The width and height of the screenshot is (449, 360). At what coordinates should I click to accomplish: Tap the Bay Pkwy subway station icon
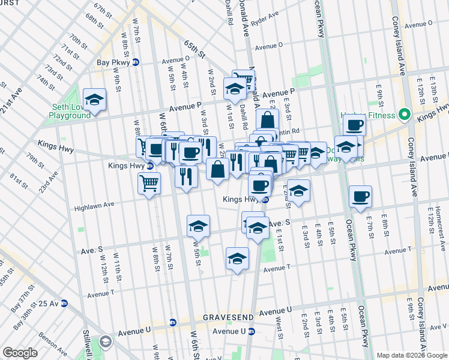136,62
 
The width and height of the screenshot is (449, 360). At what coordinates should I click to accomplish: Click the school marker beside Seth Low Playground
94,100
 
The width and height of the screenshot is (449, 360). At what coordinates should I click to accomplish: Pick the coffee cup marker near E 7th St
360,197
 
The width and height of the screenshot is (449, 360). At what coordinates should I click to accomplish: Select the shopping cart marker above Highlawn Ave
149,182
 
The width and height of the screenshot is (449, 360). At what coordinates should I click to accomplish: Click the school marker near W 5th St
198,227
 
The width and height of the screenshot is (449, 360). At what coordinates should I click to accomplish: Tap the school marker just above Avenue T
237,259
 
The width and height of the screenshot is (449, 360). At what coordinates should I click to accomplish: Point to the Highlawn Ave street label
94,205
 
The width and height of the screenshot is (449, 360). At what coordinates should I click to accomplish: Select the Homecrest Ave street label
439,223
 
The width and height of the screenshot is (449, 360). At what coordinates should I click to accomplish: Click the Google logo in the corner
20,353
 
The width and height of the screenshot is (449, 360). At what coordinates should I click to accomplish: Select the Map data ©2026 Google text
412,355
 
